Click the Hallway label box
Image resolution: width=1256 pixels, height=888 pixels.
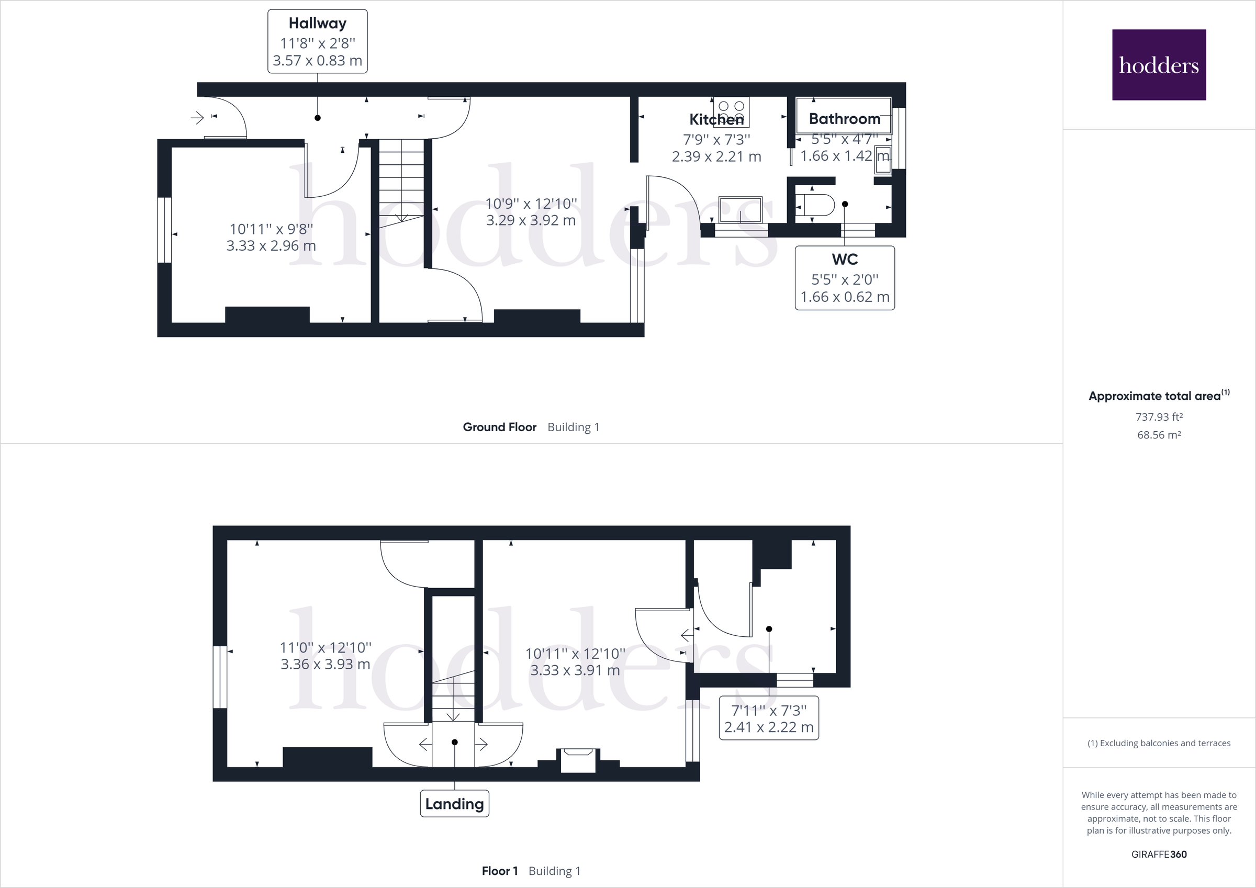[x=317, y=41]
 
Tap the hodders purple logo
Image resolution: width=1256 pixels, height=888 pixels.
[x=1159, y=64]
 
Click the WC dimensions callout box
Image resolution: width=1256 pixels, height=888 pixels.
[x=844, y=278]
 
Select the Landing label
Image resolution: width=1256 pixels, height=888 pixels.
[x=454, y=803]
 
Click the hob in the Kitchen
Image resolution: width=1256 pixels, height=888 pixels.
[x=732, y=111]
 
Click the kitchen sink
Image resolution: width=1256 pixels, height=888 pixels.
[x=740, y=209]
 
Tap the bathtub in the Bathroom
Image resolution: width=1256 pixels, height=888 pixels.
[x=843, y=115]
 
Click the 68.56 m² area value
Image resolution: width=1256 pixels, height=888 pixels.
[x=1159, y=435]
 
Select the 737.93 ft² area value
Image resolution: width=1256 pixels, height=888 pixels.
[x=1159, y=417]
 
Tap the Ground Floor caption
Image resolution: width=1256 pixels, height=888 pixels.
[x=499, y=427]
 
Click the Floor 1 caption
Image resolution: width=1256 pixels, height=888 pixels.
[x=499, y=871]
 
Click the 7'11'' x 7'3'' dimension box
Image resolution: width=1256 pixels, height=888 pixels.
[x=768, y=718]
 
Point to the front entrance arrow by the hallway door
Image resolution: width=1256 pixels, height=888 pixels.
[x=197, y=117]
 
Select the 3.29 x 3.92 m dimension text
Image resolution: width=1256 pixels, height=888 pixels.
[x=531, y=220]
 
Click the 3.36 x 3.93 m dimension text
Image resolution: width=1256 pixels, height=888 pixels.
[x=325, y=664]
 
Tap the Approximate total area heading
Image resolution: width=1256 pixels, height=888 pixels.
[x=1159, y=396]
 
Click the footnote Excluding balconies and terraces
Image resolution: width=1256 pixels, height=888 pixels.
[x=1159, y=743]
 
